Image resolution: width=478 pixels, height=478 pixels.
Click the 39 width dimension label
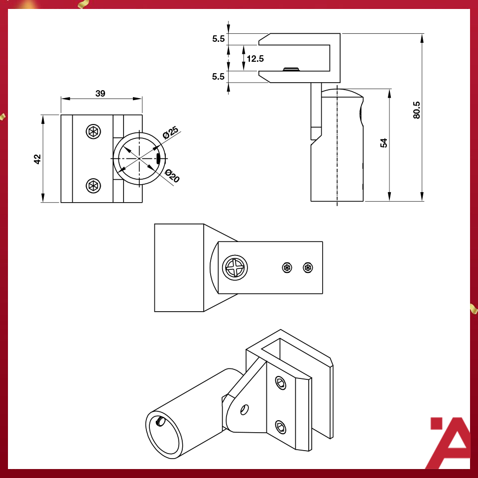click(x=100, y=94)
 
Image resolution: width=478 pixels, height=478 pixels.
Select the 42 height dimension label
click(x=37, y=158)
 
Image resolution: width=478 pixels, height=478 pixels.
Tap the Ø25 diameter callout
click(x=170, y=133)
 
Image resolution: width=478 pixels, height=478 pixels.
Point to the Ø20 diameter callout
click(x=172, y=176)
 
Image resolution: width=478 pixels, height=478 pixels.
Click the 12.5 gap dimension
click(x=255, y=59)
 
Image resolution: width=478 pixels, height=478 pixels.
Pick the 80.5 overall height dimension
click(x=416, y=110)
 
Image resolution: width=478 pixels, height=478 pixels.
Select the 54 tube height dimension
click(x=383, y=143)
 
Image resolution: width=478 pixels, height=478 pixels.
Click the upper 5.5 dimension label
click(x=218, y=39)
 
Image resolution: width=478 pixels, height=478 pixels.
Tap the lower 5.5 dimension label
click(x=218, y=77)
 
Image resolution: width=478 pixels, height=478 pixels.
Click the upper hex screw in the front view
click(x=93, y=131)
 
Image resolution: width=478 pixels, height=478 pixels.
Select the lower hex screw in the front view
click(x=93, y=186)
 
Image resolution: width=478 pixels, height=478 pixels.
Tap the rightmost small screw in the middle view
click(x=308, y=268)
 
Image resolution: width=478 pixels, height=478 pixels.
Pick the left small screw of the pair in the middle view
click(x=287, y=268)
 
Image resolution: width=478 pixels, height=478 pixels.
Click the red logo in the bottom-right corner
click(x=450, y=443)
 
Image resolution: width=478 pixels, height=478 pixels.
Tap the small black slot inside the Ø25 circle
click(x=158, y=159)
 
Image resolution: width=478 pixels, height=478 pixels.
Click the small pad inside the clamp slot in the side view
click(x=290, y=69)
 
